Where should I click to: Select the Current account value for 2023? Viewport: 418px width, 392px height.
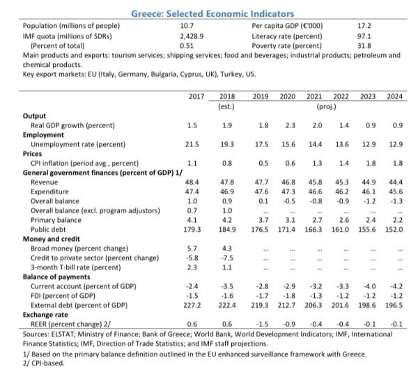369,285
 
